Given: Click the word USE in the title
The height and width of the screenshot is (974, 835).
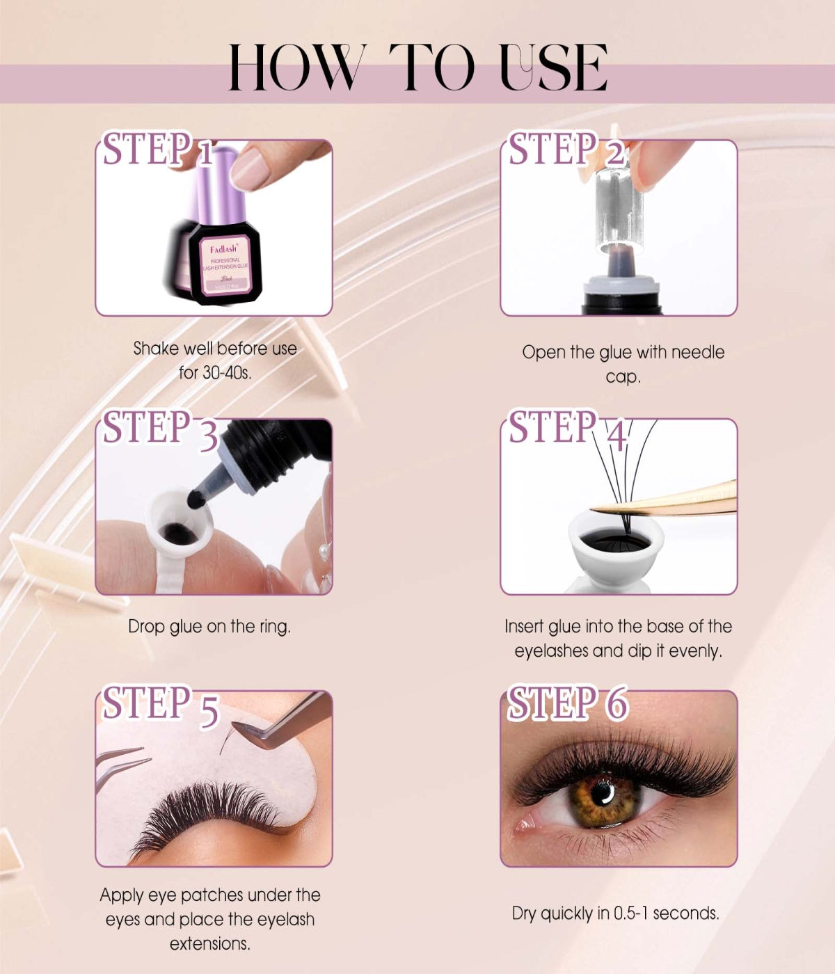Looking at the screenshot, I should (x=553, y=67).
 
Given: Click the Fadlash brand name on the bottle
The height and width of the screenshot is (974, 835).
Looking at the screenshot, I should (x=223, y=248).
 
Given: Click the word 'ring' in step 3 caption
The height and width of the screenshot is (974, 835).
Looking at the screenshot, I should (x=273, y=627).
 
